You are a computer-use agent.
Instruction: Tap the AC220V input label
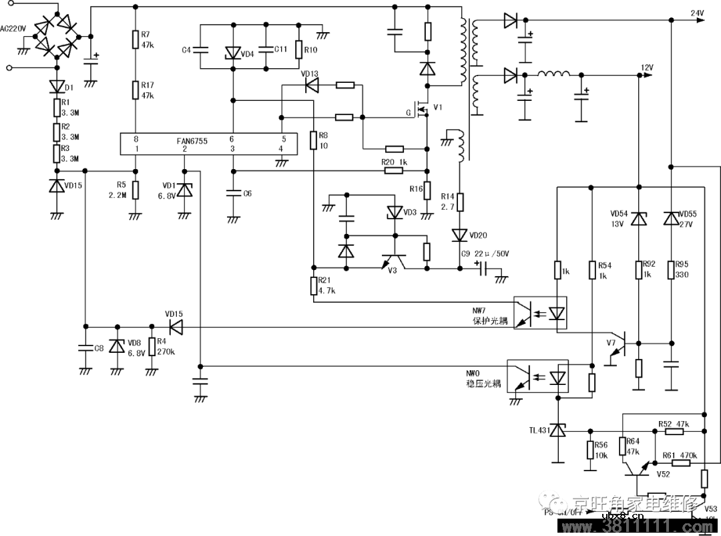pyautogui.click(x=13, y=29)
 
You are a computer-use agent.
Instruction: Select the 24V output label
pyautogui.click(x=696, y=13)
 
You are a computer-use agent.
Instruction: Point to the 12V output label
pyautogui.click(x=646, y=68)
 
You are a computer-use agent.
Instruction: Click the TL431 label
pyautogui.click(x=539, y=430)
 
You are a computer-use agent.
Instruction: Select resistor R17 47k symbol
pyautogui.click(x=136, y=90)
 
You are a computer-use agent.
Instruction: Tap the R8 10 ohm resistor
pyautogui.click(x=312, y=140)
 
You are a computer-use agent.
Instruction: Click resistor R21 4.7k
pyautogui.click(x=312, y=285)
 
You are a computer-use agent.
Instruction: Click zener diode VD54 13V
pyautogui.click(x=639, y=219)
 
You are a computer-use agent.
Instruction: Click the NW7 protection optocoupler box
pyautogui.click(x=540, y=312)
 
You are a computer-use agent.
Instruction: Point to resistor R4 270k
pyautogui.click(x=152, y=346)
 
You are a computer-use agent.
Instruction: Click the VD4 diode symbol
pyautogui.click(x=232, y=52)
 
